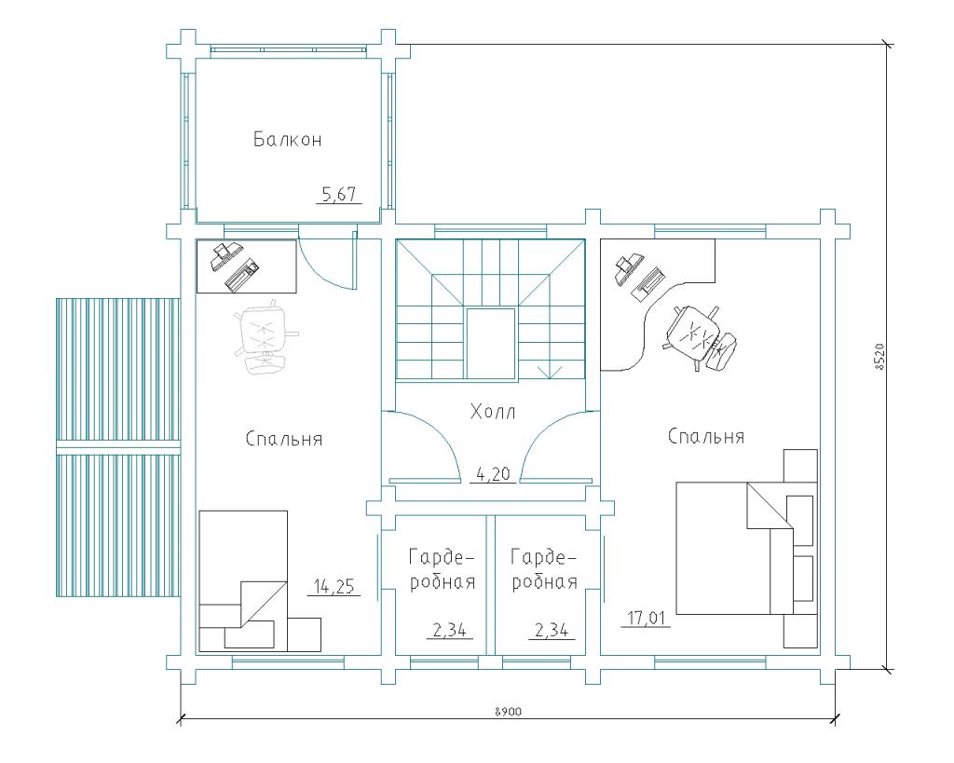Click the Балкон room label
point(287,140)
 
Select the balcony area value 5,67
point(339,195)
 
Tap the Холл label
point(493,412)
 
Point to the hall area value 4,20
point(493,474)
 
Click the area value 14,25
point(334,587)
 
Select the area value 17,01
point(647,619)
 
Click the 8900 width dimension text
point(509,711)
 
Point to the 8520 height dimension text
point(878,357)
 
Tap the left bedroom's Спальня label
point(284,439)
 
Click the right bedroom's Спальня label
point(706,436)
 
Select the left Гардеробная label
point(442,569)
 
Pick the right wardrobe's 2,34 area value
point(552,630)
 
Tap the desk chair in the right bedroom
point(701,336)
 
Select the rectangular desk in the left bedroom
point(246,266)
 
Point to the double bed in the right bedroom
point(746,548)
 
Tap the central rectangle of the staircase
point(490,344)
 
